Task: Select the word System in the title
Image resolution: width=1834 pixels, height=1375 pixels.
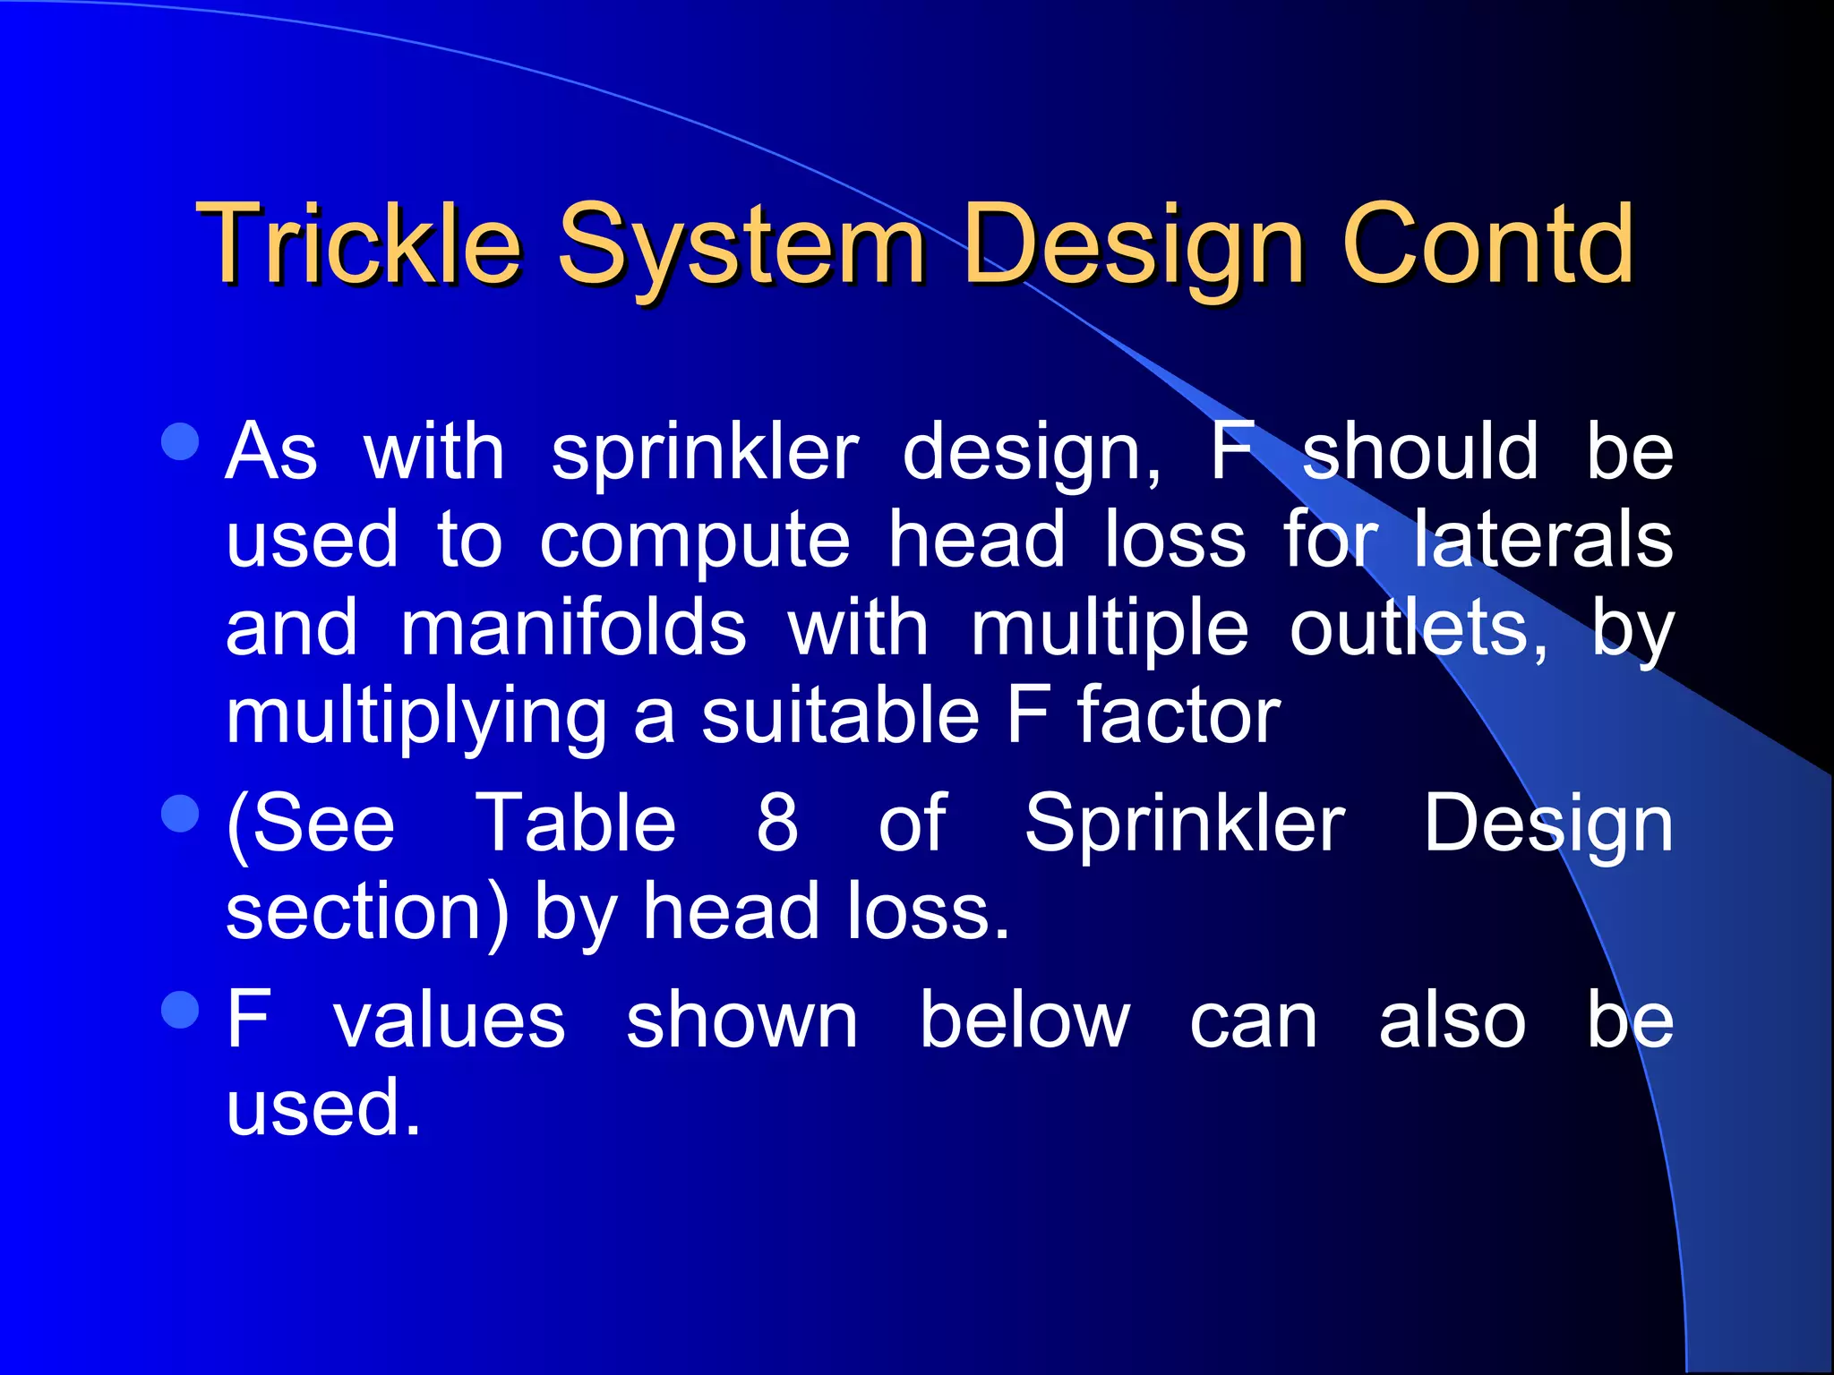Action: [x=741, y=246]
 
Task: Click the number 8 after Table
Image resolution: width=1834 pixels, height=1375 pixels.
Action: [x=776, y=824]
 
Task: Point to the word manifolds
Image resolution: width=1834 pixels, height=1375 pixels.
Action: [x=573, y=628]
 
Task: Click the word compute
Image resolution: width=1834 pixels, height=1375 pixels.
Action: [x=694, y=542]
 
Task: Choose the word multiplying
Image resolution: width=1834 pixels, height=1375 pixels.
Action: [x=416, y=718]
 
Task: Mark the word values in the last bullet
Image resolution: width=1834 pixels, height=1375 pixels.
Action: [x=450, y=1021]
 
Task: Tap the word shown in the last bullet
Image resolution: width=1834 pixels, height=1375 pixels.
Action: [x=741, y=1021]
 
